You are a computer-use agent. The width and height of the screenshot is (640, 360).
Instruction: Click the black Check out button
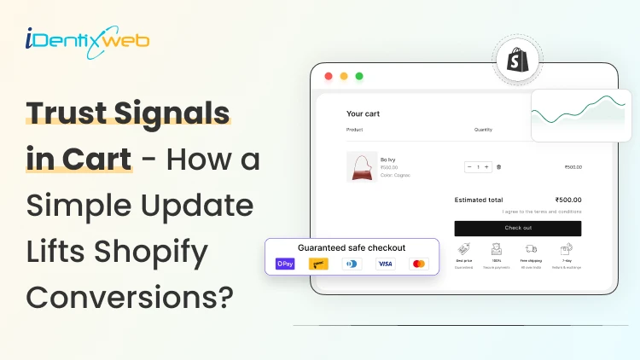[517, 228]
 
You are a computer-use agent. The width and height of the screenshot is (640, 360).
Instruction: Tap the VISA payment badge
[385, 264]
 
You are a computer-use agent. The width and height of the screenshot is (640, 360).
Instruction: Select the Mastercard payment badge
[419, 264]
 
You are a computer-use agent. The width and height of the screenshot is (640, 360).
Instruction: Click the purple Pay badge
[284, 264]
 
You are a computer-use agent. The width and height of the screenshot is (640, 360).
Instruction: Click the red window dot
[328, 76]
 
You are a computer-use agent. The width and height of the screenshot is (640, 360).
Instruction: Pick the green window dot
[358, 76]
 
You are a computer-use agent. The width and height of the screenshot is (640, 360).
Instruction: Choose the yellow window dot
[343, 76]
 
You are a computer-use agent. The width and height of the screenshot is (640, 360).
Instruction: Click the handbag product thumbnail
[361, 166]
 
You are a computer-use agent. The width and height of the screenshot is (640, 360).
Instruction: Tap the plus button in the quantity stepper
[487, 167]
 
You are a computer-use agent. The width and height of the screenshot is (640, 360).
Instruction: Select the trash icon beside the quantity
[499, 167]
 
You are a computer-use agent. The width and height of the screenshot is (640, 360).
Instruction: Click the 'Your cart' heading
[363, 113]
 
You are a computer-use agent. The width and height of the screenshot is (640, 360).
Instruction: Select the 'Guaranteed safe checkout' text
[352, 247]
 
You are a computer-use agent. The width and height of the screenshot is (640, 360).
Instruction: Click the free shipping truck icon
[531, 249]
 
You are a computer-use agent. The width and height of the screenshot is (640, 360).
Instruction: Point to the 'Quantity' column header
[484, 130]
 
